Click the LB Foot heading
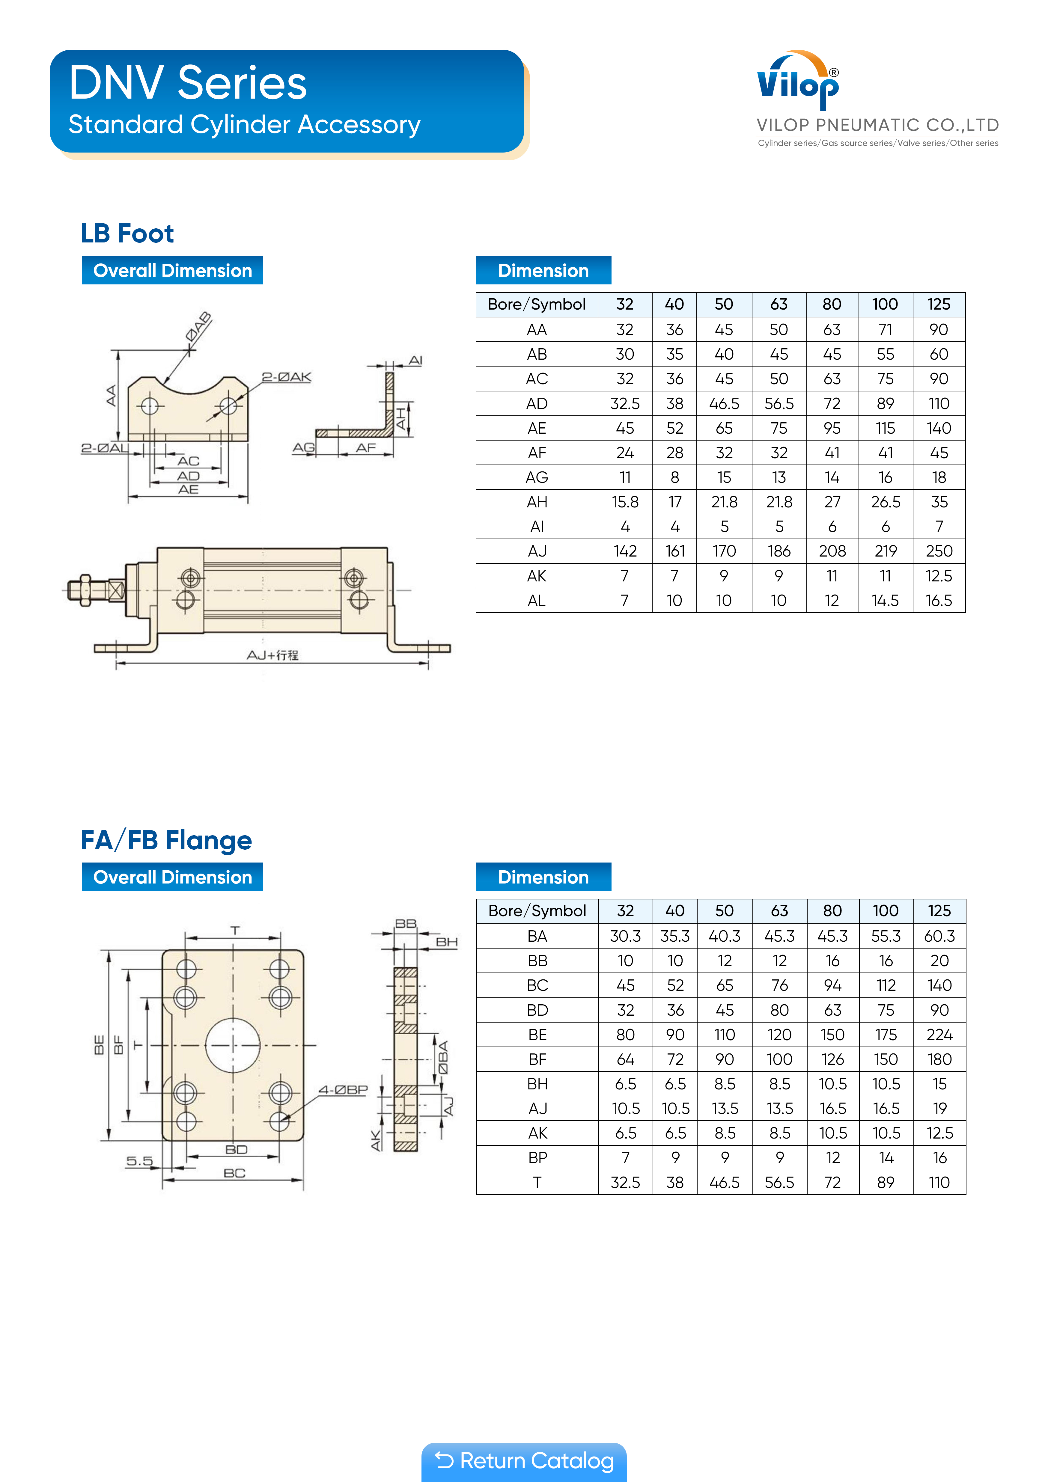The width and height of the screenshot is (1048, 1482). pos(127,233)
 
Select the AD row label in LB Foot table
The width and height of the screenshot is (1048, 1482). pos(537,403)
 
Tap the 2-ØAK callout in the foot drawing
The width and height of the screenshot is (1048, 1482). pos(286,377)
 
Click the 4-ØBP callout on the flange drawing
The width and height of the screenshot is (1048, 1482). pos(343,1090)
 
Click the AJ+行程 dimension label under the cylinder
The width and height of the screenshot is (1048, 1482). pos(272,655)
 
